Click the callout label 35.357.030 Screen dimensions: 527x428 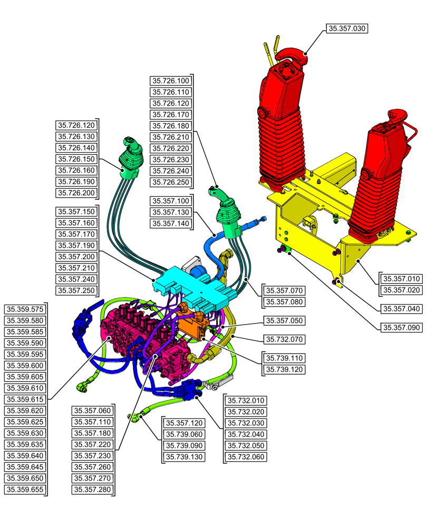click(347, 28)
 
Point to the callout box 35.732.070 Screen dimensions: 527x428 click(285, 339)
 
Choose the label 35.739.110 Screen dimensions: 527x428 click(285, 358)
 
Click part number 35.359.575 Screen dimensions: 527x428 click(25, 309)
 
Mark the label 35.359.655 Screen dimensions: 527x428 click(25, 490)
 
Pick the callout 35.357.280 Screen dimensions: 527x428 click(92, 490)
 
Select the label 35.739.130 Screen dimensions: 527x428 click(184, 457)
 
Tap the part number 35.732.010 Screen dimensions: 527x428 click(246, 400)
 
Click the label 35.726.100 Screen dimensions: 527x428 click(170, 81)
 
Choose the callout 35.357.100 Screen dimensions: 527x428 click(170, 201)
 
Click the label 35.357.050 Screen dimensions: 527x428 click(285, 320)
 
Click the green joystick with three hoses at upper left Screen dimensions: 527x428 click(129, 158)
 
